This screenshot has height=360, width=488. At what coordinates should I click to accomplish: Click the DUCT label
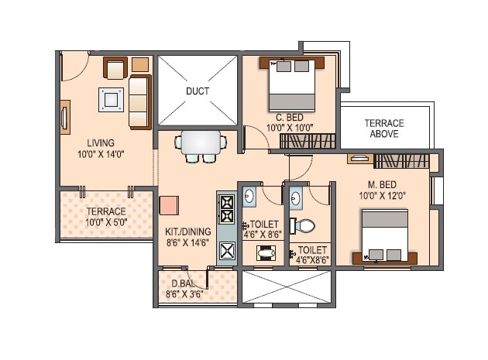pos(198,91)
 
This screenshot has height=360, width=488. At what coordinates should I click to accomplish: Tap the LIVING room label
pos(101,142)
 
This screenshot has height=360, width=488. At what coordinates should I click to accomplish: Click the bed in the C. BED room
pos(292,84)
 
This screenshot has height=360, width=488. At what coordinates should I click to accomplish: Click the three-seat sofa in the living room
pos(140,101)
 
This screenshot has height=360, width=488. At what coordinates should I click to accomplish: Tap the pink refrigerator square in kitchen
pos(170,206)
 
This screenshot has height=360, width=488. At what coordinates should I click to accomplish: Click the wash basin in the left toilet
pos(249,197)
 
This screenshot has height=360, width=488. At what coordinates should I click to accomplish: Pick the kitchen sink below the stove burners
pos(228,250)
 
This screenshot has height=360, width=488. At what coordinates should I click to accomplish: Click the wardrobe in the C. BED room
pos(308,140)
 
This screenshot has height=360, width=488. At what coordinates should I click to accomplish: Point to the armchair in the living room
pos(115,68)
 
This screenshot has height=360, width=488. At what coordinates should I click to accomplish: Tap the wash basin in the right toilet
pos(294,199)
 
